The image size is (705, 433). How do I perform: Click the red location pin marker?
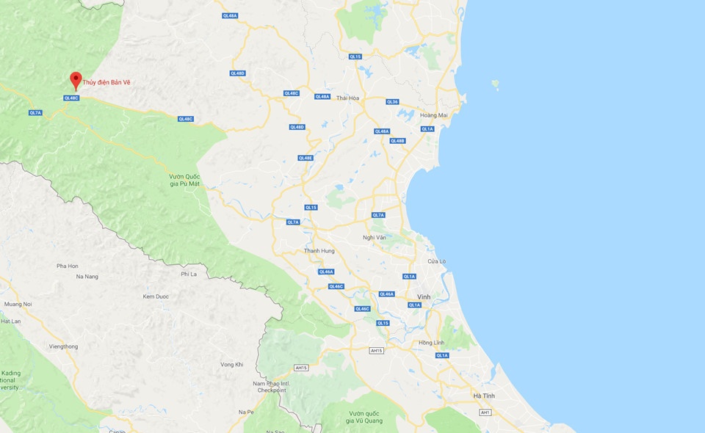tap(75, 80)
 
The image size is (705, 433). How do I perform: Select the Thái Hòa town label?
tap(347, 98)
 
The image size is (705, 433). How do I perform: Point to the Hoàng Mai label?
tap(433, 115)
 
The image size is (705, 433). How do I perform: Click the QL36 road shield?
tap(392, 102)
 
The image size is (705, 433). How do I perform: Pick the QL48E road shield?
tap(305, 158)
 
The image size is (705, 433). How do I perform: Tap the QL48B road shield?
tap(397, 141)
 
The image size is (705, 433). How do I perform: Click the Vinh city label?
tap(423, 296)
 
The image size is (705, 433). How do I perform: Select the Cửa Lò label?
tap(437, 261)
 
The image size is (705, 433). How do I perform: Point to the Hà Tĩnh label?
tap(484, 396)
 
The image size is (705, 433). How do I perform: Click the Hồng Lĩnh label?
tap(431, 343)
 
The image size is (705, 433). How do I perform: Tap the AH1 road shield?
tap(485, 412)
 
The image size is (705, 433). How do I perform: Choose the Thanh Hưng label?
tap(319, 251)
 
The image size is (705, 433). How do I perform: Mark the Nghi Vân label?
tap(375, 237)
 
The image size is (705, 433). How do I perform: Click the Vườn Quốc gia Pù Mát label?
tap(184, 181)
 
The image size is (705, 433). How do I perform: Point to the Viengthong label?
tap(63, 346)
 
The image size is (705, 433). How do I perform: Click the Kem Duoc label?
tap(156, 296)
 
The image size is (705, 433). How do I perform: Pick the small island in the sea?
tap(496, 84)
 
